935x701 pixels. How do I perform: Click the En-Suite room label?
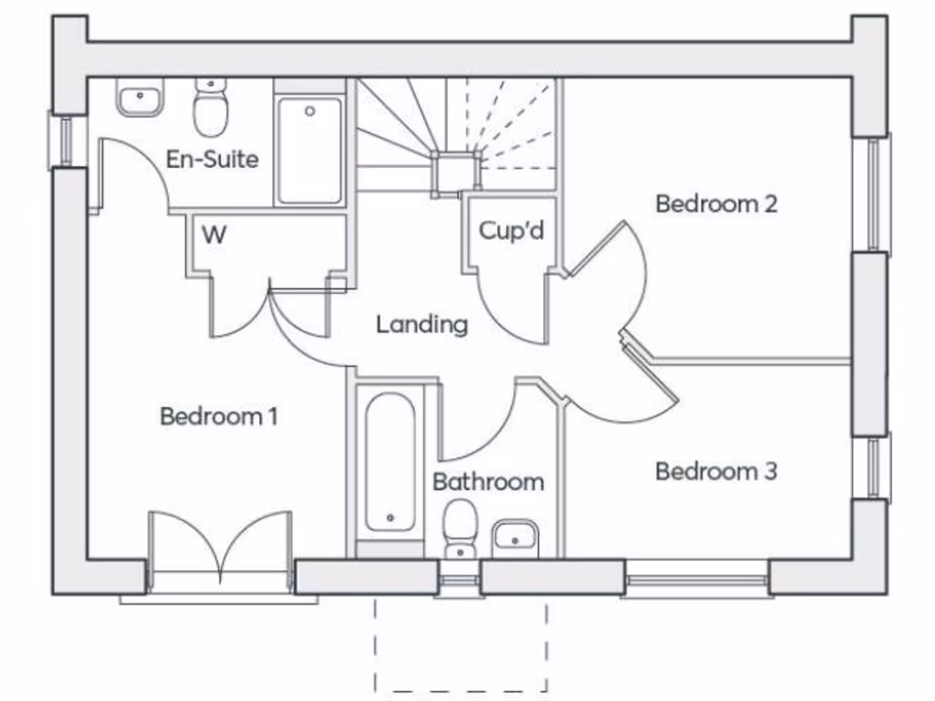pyautogui.click(x=212, y=160)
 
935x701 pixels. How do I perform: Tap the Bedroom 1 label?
pyautogui.click(x=218, y=416)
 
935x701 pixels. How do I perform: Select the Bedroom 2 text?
pyautogui.click(x=716, y=204)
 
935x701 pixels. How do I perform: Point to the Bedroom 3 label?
pyautogui.click(x=716, y=472)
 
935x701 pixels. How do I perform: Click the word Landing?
pyautogui.click(x=422, y=324)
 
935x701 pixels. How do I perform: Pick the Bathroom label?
pyautogui.click(x=488, y=482)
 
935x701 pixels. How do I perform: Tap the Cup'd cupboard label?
pyautogui.click(x=511, y=231)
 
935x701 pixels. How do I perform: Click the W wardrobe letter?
pyautogui.click(x=214, y=235)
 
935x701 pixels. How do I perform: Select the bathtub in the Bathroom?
pyautogui.click(x=390, y=463)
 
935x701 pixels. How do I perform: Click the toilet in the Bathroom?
pyautogui.click(x=458, y=528)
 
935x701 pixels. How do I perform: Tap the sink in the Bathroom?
pyautogui.click(x=516, y=539)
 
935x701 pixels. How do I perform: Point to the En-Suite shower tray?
pyautogui.click(x=310, y=150)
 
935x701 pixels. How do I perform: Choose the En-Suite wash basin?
pyautogui.click(x=140, y=98)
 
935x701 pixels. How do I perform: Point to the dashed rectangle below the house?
pyautogui.click(x=461, y=644)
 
